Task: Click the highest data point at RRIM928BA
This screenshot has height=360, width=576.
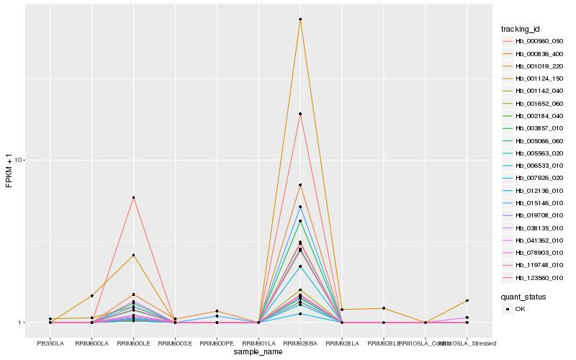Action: pos(300,19)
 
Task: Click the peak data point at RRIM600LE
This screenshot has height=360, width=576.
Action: pos(134,197)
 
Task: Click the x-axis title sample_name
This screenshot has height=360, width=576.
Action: pos(258,351)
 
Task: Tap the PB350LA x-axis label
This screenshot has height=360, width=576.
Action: pos(50,342)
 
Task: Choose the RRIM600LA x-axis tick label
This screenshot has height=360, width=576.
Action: pos(92,342)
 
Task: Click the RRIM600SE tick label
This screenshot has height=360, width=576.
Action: pos(175,342)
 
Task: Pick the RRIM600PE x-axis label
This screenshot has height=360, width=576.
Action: pos(217,342)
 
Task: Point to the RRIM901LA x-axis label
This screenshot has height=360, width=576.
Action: pos(258,342)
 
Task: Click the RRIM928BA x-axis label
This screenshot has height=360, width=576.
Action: pos(300,342)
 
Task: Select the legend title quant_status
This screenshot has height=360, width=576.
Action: pos(523,296)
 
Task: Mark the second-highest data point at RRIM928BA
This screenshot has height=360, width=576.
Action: pos(300,114)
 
